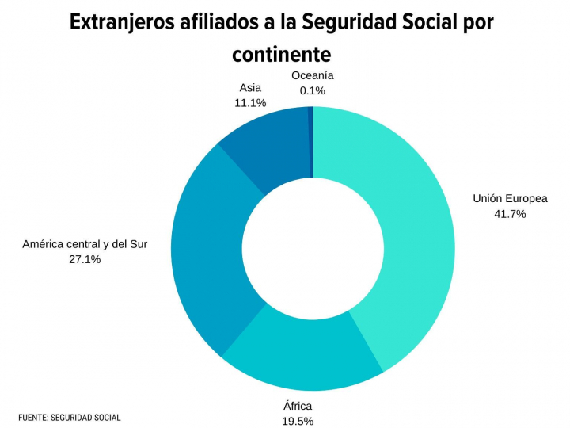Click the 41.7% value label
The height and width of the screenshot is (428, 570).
[510, 213]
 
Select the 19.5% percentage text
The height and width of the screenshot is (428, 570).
[298, 421]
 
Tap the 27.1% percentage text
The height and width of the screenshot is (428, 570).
[85, 258]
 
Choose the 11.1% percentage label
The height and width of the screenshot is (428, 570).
[250, 102]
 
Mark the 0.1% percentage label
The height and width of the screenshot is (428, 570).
[312, 90]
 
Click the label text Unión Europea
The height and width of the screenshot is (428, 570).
[510, 198]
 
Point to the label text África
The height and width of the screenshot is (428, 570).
[298, 406]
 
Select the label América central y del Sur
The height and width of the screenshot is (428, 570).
[85, 243]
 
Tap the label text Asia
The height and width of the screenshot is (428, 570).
[250, 87]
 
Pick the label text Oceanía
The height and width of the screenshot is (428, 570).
[312, 75]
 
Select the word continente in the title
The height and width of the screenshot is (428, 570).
[280, 55]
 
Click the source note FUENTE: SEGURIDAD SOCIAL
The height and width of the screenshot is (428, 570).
[70, 417]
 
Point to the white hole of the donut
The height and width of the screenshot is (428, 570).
[313, 248]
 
